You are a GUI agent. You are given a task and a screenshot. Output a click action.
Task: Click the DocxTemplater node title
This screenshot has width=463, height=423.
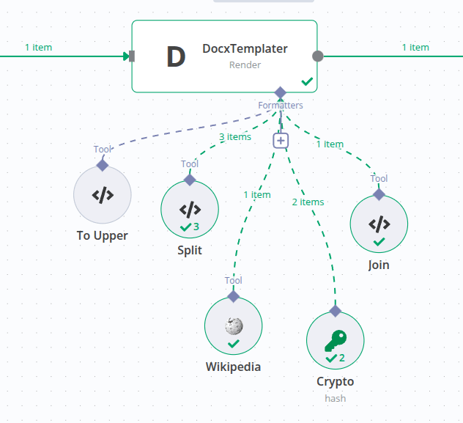245,49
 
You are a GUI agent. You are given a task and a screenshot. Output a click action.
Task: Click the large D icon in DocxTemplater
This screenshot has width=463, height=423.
176,56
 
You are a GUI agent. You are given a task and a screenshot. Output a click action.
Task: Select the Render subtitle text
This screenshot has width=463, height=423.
245,65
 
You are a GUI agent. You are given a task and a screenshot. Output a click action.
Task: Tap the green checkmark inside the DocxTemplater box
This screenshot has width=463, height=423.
307,81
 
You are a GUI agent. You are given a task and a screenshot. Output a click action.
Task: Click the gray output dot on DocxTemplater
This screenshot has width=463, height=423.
317,56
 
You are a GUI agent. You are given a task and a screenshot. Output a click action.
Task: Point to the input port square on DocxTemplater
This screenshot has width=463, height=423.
132,56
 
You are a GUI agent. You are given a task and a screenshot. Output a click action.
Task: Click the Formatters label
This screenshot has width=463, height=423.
280,106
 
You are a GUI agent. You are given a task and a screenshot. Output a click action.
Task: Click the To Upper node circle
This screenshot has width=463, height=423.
103,195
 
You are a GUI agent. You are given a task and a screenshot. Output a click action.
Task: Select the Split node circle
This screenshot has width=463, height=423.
190,209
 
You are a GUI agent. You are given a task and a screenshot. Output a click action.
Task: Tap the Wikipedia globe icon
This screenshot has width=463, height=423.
234,325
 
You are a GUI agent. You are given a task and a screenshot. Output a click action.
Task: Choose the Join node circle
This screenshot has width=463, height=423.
379,224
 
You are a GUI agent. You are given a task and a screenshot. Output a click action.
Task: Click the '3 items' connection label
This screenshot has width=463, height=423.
235,137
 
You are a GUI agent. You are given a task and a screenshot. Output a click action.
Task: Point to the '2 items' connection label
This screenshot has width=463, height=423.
308,202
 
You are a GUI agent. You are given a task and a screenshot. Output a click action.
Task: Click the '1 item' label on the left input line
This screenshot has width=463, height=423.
38,48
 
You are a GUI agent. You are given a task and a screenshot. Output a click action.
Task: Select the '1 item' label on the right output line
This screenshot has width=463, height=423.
415,48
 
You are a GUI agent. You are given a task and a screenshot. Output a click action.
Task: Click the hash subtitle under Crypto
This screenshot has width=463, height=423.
335,398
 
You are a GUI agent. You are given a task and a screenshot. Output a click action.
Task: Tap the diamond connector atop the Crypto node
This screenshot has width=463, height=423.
335,311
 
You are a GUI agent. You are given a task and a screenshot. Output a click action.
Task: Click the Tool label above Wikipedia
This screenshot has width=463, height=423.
233,281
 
